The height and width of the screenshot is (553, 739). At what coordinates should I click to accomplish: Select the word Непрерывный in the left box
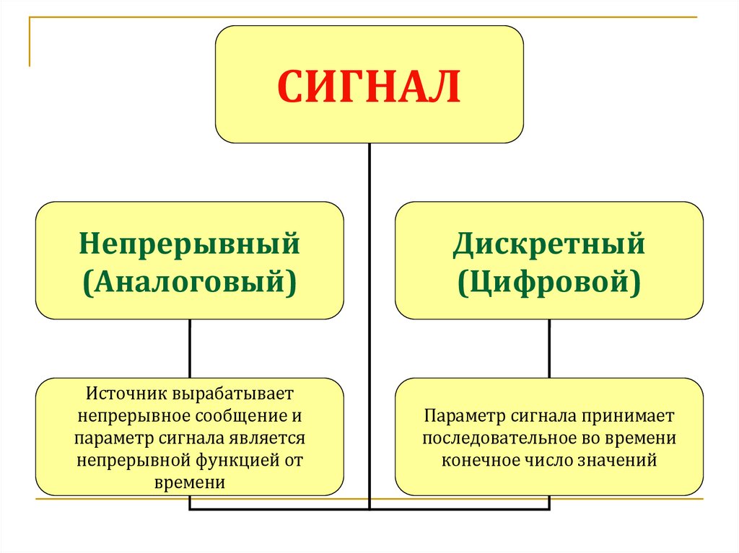tap(189, 244)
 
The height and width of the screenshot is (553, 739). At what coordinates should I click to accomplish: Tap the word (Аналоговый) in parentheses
tap(189, 280)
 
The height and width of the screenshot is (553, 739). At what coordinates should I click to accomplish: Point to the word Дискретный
tap(548, 244)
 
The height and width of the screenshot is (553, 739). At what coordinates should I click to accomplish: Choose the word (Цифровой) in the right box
tap(548, 280)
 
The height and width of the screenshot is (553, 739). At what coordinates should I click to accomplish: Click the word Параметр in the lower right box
tap(458, 417)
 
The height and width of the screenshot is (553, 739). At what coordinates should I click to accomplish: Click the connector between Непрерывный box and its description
tap(190, 348)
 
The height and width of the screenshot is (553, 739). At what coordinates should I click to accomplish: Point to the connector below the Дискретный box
tap(549, 348)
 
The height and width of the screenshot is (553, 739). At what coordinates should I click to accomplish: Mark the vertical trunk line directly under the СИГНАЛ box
tap(369, 173)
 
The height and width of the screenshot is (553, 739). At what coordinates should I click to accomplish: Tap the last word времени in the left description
tap(190, 482)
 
